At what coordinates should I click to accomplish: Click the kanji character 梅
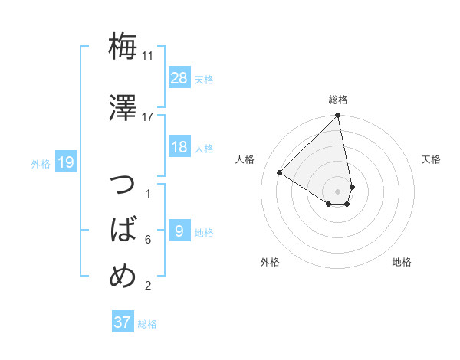click(x=123, y=47)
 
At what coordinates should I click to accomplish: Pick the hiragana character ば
click(x=123, y=229)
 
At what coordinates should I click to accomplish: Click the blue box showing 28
click(x=179, y=77)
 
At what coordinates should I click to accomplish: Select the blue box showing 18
click(x=179, y=147)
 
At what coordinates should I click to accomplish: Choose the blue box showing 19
click(x=66, y=162)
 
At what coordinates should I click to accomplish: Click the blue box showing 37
click(x=122, y=322)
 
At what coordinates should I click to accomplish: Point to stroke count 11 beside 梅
click(x=148, y=56)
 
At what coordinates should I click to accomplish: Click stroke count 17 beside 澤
click(x=148, y=116)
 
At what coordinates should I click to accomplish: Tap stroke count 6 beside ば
click(x=148, y=240)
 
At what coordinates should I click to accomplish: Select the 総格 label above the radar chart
click(x=338, y=100)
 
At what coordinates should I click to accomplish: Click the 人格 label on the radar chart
click(x=245, y=159)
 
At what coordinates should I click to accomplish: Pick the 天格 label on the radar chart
click(x=432, y=159)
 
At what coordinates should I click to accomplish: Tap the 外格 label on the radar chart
click(x=270, y=262)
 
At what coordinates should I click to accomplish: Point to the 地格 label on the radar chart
click(x=402, y=262)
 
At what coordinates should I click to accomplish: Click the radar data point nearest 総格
click(x=338, y=116)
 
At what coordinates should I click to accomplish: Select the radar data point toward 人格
click(x=280, y=172)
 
